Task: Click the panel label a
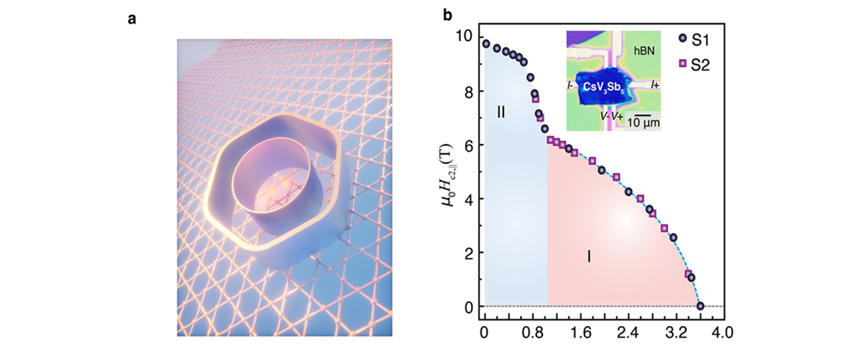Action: click(132, 19)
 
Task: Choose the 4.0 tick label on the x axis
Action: click(724, 335)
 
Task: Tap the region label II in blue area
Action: click(503, 112)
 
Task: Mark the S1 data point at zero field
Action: click(700, 307)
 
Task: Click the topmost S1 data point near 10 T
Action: click(486, 44)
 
